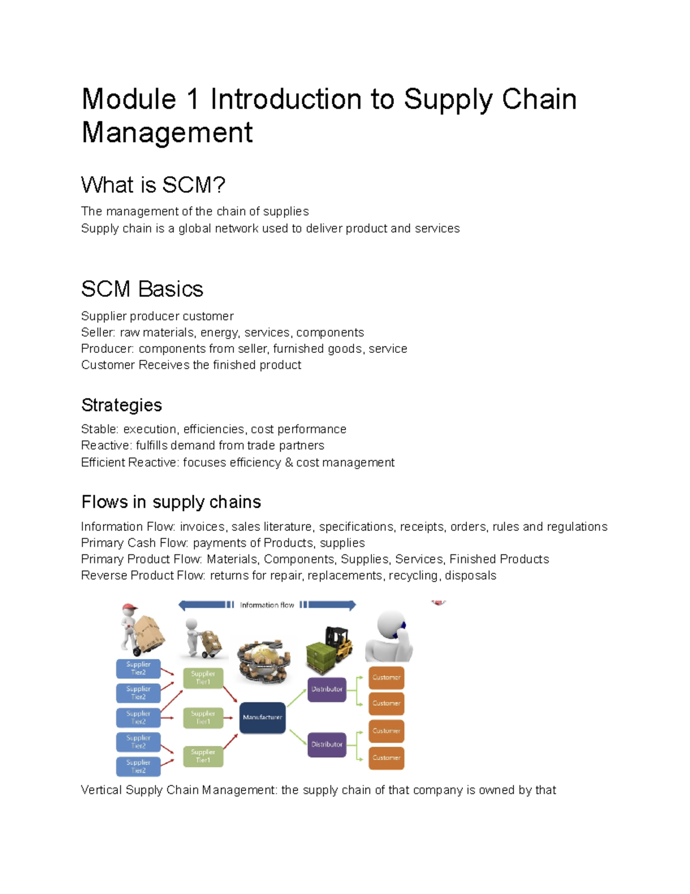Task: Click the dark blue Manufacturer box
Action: pos(262,717)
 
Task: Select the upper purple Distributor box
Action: pos(327,689)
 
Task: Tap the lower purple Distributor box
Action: pos(327,744)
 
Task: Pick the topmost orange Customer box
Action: pos(386,678)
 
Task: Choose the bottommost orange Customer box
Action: pos(386,758)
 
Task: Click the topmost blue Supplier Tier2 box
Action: pos(138,668)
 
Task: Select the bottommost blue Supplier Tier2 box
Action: pos(138,766)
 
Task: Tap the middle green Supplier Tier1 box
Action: pos(203,717)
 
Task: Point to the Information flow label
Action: pos(267,605)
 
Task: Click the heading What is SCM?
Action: pos(153,185)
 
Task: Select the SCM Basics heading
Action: pos(142,289)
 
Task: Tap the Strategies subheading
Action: pos(121,405)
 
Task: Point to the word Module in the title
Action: pos(129,99)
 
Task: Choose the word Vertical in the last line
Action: pos(101,790)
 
